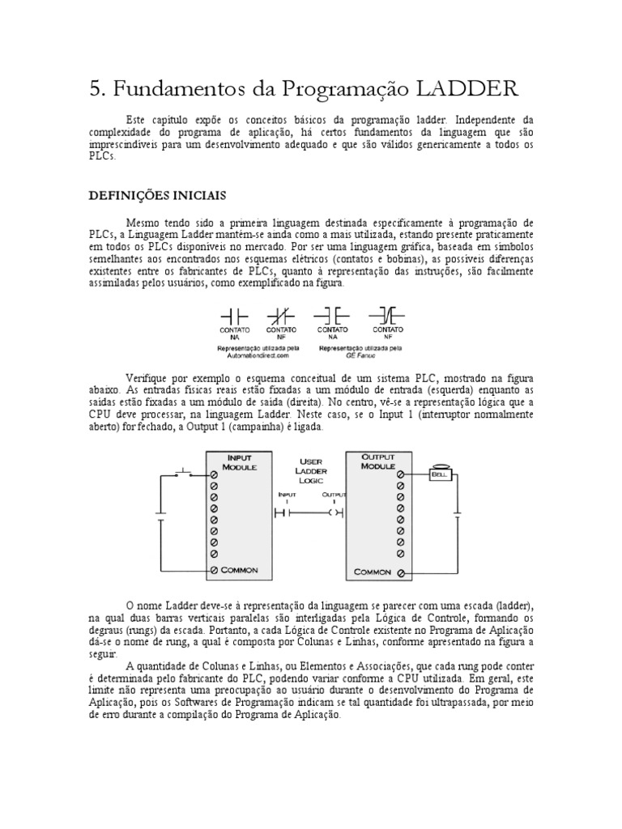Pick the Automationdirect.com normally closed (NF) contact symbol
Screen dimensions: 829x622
click(280, 315)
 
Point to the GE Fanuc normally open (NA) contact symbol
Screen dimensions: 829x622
click(332, 315)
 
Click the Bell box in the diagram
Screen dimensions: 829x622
click(438, 475)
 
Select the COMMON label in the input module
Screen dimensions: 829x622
click(239, 570)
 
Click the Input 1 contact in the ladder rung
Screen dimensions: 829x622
click(282, 512)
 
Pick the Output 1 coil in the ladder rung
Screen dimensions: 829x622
click(336, 512)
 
